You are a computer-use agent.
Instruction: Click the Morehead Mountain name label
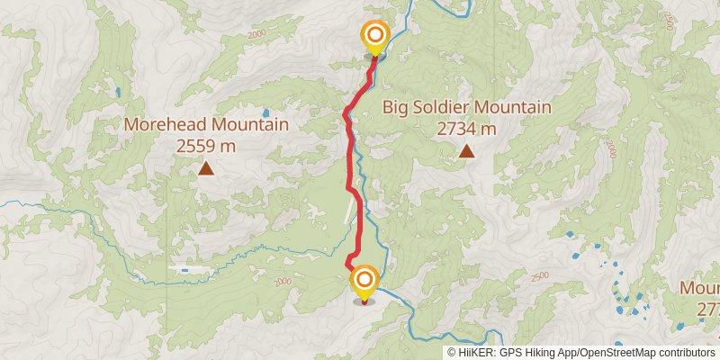click(x=206, y=124)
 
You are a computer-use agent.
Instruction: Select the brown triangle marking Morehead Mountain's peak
click(x=206, y=167)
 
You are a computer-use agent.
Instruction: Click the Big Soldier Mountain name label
click(x=466, y=107)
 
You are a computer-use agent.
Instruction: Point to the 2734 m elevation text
click(x=466, y=128)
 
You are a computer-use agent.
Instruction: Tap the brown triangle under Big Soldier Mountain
click(x=466, y=150)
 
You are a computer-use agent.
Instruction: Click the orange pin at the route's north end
click(x=374, y=37)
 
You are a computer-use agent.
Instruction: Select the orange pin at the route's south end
click(x=364, y=281)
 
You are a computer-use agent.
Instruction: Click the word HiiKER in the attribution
click(x=475, y=353)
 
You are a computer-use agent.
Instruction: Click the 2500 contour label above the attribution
click(x=539, y=275)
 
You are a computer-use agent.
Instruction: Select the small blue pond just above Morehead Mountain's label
click(x=265, y=112)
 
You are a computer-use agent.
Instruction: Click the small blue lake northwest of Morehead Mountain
click(x=117, y=91)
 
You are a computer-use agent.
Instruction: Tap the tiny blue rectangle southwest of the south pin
click(x=184, y=269)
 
